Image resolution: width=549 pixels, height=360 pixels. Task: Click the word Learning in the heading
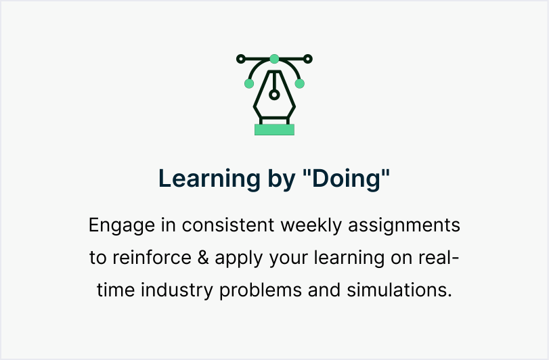[209, 179]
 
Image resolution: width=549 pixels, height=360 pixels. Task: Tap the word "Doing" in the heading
[346, 179]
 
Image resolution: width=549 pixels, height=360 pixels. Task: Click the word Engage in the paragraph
[121, 225]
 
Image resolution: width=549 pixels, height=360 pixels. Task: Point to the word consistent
[228, 225]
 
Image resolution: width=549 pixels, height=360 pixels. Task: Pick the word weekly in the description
[311, 225]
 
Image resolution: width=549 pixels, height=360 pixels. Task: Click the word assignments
[404, 225]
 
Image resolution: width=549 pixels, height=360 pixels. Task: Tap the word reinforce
[152, 258]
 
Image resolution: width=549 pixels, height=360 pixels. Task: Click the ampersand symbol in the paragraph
[203, 258]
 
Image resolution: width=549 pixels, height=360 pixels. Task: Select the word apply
[239, 258]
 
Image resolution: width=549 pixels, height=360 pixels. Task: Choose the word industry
[177, 290]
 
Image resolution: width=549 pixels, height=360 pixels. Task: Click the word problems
[261, 290]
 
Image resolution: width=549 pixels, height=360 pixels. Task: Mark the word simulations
[399, 290]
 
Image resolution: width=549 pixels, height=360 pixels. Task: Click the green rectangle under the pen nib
[275, 129]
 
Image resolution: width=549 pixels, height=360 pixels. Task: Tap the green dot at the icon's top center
[275, 59]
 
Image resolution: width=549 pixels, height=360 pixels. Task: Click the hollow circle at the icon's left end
[241, 59]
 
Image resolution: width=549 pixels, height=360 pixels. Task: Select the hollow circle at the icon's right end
[308, 59]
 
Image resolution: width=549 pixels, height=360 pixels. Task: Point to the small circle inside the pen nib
[275, 95]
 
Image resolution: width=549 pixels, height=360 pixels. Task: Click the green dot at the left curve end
[249, 84]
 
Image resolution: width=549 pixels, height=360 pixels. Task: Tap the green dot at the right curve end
[300, 84]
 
